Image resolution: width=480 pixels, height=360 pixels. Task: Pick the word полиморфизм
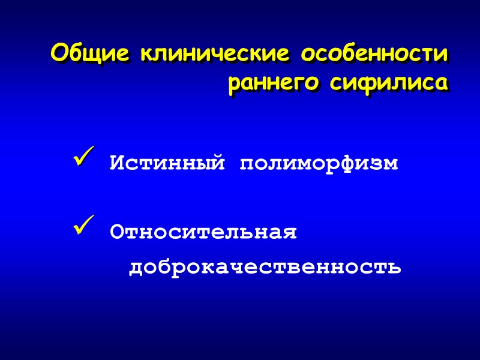pos(319,163)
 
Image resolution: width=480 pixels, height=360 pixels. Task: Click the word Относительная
pos(203,232)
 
